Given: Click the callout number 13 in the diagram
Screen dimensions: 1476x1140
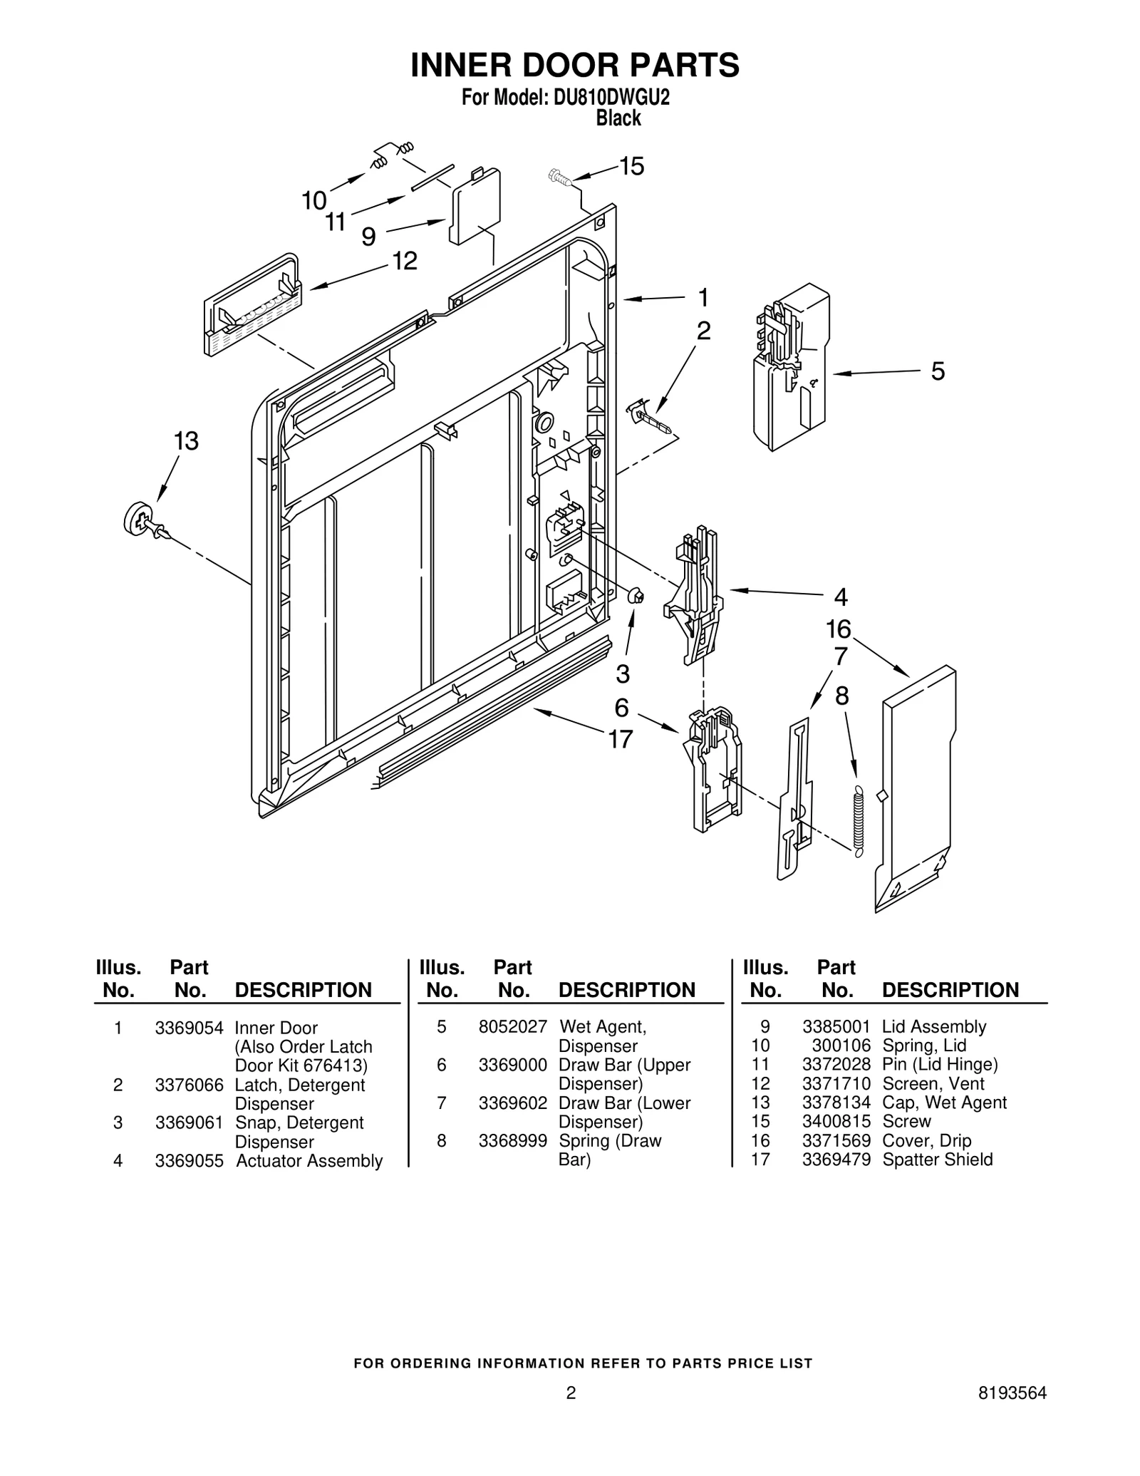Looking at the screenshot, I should coord(186,441).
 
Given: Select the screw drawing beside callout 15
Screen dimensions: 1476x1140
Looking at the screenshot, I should coord(560,176).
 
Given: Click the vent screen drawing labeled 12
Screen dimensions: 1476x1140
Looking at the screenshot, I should coord(252,306).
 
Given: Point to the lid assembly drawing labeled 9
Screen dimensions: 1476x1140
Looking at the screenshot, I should coord(475,206).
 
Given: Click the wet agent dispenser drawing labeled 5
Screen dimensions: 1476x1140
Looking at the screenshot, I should coord(792,367).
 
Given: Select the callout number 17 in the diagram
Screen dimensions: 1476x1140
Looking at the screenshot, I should coord(620,740).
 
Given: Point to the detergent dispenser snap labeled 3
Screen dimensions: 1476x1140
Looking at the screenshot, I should coord(636,595).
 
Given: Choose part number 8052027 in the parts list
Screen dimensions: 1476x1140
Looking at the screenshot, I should coord(512,1026).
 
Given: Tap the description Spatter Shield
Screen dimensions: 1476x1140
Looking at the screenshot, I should coord(937,1160).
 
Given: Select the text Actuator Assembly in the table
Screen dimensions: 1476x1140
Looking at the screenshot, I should coord(309,1161).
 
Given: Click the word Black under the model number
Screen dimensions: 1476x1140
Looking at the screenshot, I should coord(618,118).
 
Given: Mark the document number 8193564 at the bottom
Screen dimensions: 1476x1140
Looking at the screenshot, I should coord(1012,1394).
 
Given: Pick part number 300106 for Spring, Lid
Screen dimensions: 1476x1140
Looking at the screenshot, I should coord(841,1046).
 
